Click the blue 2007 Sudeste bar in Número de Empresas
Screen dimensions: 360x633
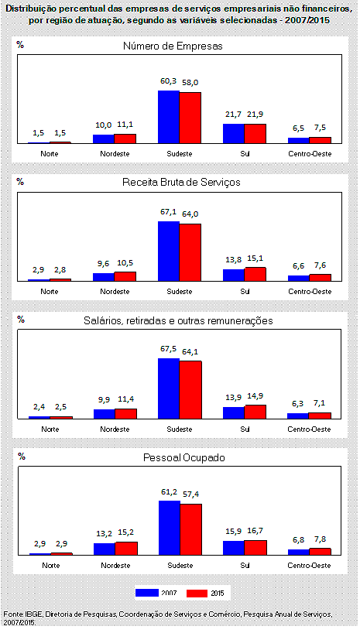coord(169,117)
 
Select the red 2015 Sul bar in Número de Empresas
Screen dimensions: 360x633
coord(255,134)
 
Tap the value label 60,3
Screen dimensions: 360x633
coord(169,81)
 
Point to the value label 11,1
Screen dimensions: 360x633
coord(125,125)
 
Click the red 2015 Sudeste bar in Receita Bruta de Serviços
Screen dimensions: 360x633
coord(190,252)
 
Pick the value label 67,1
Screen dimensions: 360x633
coord(169,212)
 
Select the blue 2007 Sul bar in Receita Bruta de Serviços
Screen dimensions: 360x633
coord(234,275)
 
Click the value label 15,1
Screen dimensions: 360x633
coord(255,258)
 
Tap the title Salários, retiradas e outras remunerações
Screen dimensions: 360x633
coord(178,320)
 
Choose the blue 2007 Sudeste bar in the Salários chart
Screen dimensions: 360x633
coord(169,388)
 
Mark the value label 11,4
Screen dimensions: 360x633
coord(125,399)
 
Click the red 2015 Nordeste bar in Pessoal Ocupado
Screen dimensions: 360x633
coord(126,548)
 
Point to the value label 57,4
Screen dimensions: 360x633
coord(190,494)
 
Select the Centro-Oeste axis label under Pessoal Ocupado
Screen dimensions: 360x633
coord(310,566)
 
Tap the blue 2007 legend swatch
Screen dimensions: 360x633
coord(146,593)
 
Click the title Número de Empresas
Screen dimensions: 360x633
coord(173,46)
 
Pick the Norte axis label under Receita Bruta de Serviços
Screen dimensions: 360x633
coord(50,292)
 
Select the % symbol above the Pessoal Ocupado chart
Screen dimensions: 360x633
coord(22,457)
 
